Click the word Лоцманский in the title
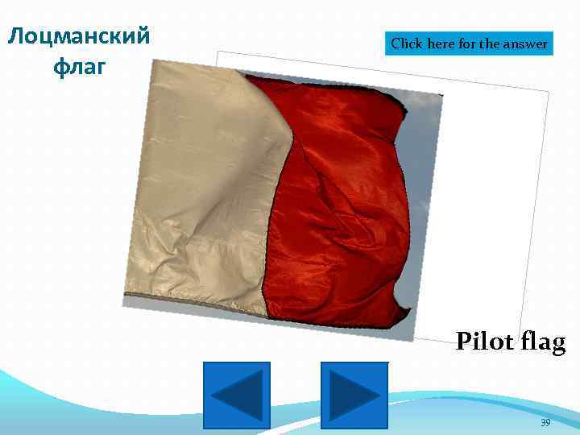pyautogui.click(x=78, y=36)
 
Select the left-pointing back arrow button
pyautogui.click(x=237, y=395)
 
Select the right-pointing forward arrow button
pyautogui.click(x=354, y=395)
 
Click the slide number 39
pyautogui.click(x=545, y=422)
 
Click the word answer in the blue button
pyautogui.click(x=525, y=44)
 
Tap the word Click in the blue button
pyautogui.click(x=408, y=44)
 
